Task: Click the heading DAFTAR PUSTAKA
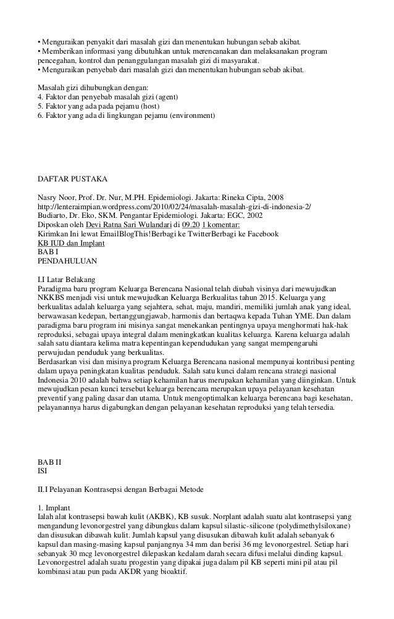(x=72, y=179)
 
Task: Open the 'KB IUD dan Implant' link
(x=71, y=244)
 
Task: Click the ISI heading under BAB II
(x=43, y=470)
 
